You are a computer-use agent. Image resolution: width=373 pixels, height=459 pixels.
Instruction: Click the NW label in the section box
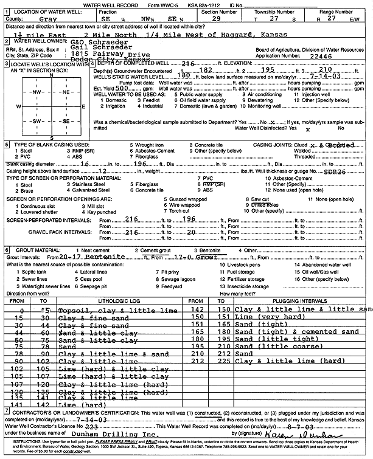(36, 92)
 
